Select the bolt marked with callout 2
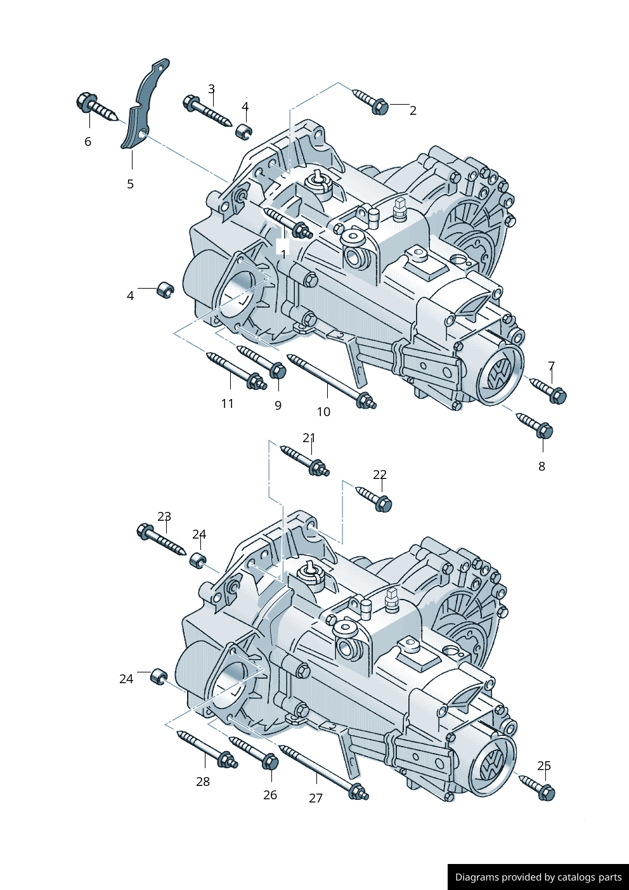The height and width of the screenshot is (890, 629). [x=372, y=101]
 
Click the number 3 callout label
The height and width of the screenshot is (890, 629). [x=211, y=89]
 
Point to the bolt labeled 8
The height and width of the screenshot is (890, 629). [x=535, y=424]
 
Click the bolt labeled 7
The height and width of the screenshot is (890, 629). [x=548, y=389]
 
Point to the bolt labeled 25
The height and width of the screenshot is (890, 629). [x=537, y=787]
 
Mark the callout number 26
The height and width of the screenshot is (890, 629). [x=270, y=795]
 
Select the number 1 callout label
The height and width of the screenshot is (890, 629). [x=283, y=254]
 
